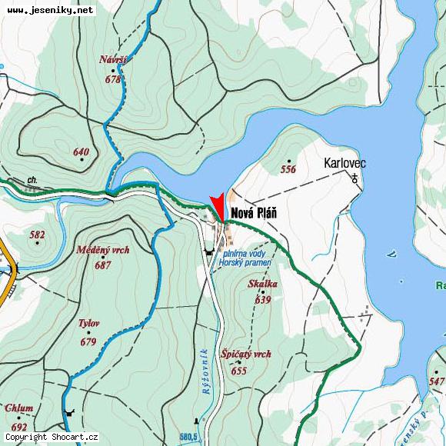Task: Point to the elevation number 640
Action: coord(81,151)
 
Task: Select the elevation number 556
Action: coord(288,169)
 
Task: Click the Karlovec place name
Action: coord(344,163)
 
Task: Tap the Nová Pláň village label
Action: coord(254,214)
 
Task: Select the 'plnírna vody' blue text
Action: coord(245,253)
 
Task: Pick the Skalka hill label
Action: coord(262,284)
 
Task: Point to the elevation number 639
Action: coord(262,299)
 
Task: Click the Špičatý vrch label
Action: coord(245,354)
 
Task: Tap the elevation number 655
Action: coord(238,370)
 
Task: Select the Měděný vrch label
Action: coord(103,250)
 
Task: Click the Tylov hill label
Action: coord(88,323)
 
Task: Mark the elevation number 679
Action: coord(88,341)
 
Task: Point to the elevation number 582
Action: coord(37,235)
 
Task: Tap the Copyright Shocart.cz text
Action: coord(52,437)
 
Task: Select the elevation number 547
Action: coord(437,381)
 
